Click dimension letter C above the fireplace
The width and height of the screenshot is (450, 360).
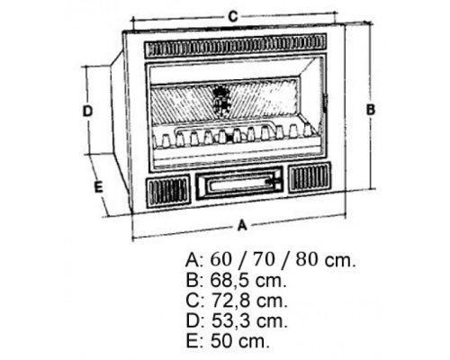click(233, 16)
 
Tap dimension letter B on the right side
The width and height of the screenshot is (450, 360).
click(371, 110)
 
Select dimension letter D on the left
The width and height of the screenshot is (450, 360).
click(87, 112)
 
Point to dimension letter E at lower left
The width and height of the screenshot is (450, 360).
click(98, 187)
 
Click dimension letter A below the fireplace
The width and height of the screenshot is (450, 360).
click(242, 225)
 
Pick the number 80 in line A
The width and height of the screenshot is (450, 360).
click(307, 259)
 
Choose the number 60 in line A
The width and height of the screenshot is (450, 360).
click(221, 259)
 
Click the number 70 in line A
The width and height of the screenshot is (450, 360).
click(264, 259)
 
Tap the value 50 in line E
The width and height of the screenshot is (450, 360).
click(221, 341)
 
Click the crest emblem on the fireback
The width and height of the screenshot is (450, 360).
click(221, 100)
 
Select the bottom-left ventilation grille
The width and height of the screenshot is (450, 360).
click(168, 193)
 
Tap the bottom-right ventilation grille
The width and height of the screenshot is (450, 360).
click(310, 177)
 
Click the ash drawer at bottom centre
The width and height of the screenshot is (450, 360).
click(239, 183)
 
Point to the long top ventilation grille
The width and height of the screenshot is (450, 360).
click(235, 46)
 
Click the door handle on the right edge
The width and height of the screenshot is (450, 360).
click(326, 103)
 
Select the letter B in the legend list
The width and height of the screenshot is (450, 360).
click(192, 281)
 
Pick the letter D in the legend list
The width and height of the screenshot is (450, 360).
click(193, 321)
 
